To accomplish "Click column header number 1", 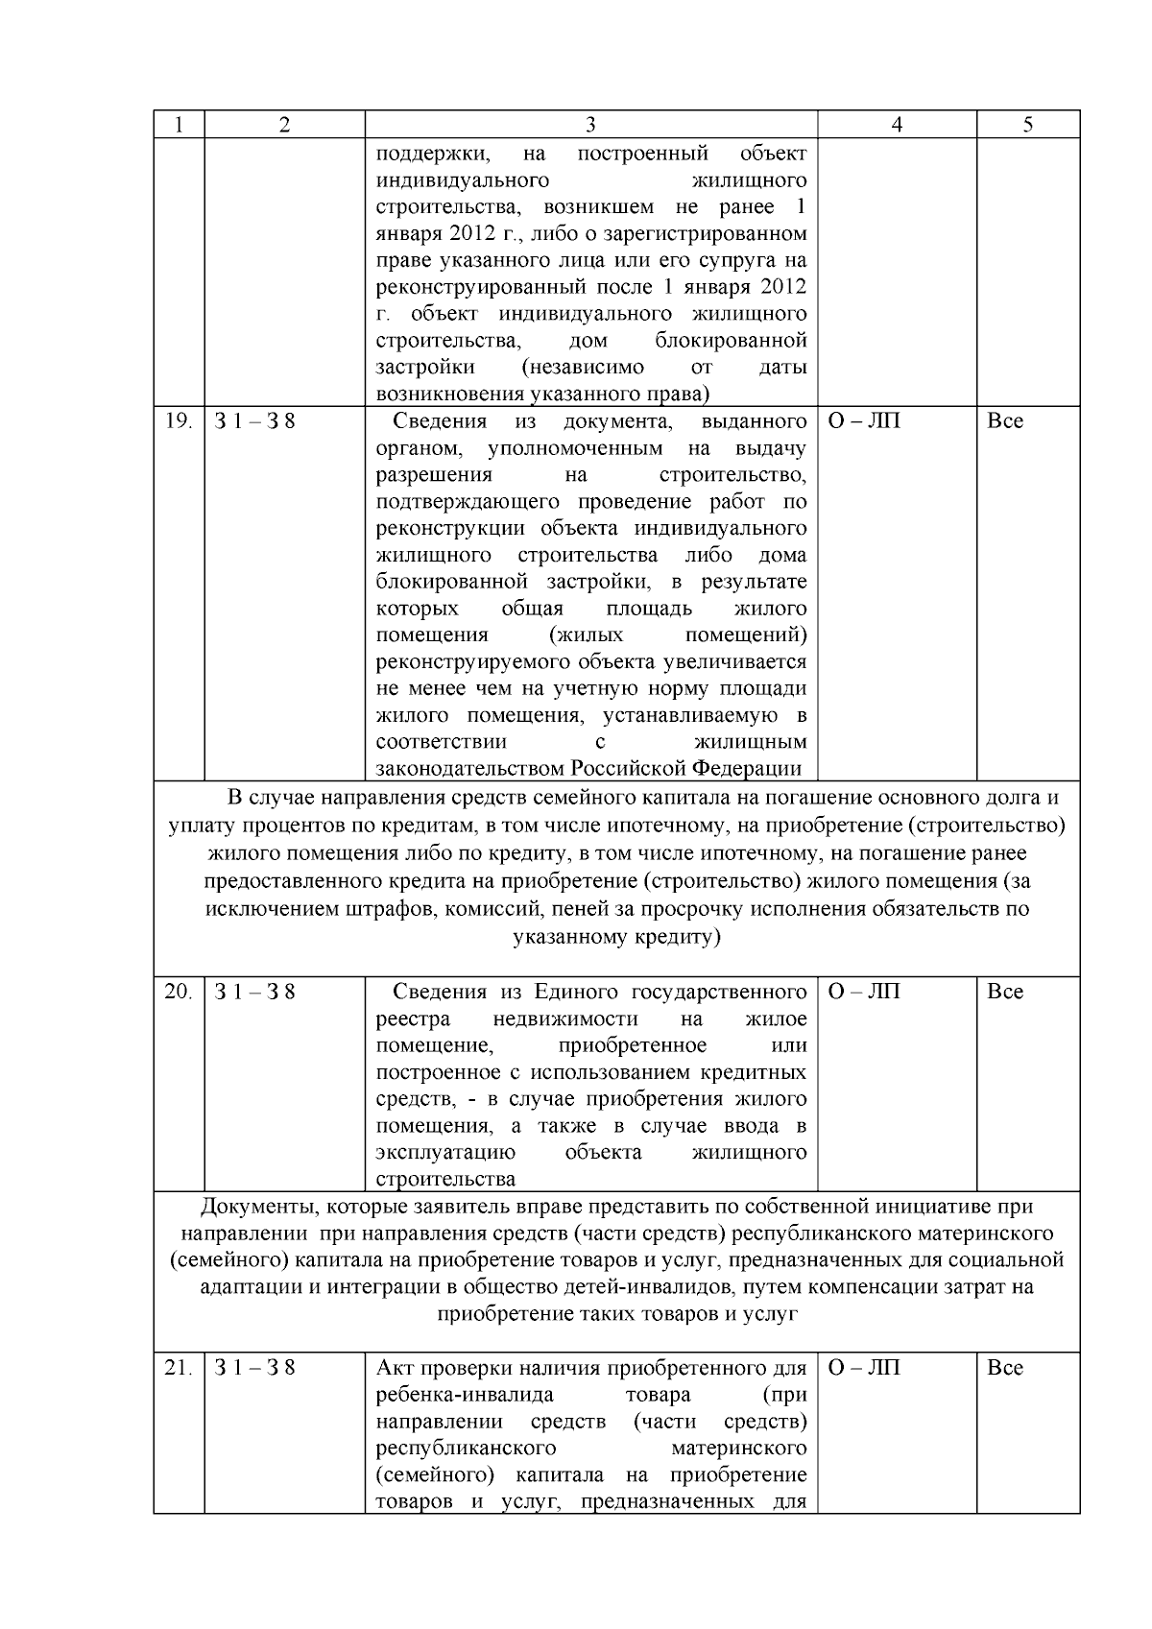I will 179,125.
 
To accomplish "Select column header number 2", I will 284,125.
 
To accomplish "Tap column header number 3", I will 590,125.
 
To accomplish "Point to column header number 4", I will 897,125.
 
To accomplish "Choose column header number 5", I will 1028,125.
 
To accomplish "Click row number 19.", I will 179,421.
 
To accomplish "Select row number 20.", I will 179,992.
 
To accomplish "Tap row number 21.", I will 179,1368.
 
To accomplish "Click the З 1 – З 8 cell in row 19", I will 254,421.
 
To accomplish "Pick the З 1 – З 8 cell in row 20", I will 254,992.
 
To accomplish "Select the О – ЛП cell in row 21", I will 864,1368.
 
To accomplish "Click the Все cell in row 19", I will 1005,421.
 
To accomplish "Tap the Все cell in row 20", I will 1005,992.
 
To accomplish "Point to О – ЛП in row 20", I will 864,992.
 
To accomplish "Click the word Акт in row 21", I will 394,1368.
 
